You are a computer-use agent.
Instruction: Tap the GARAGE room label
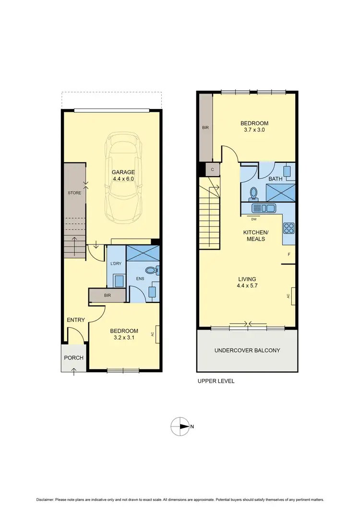[123, 172]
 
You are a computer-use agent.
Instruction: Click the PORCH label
[73, 358]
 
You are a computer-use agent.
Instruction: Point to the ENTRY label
[76, 320]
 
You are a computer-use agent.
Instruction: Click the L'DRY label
[116, 264]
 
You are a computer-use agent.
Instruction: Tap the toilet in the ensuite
[152, 271]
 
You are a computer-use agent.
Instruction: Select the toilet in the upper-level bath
[254, 193]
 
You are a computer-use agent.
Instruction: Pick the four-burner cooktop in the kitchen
[289, 228]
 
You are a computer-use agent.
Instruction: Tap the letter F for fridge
[289, 254]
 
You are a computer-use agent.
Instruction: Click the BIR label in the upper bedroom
[205, 128]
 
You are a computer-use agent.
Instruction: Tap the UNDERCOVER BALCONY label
[247, 351]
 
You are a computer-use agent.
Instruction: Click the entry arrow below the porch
[73, 371]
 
